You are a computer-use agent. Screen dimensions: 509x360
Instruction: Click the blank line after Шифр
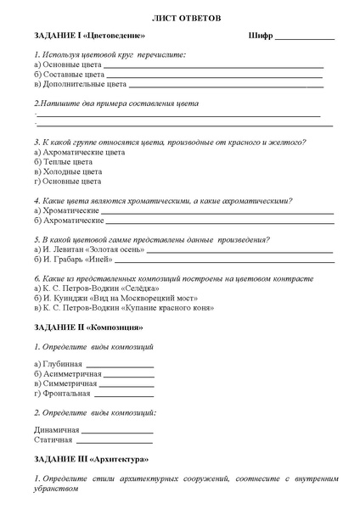point(305,39)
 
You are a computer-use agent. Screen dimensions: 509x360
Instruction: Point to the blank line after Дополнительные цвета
point(225,86)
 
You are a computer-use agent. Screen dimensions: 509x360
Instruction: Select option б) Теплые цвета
point(64,161)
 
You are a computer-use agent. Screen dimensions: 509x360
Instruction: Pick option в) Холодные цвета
point(67,171)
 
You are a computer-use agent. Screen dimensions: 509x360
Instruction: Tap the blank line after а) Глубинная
point(120,366)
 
